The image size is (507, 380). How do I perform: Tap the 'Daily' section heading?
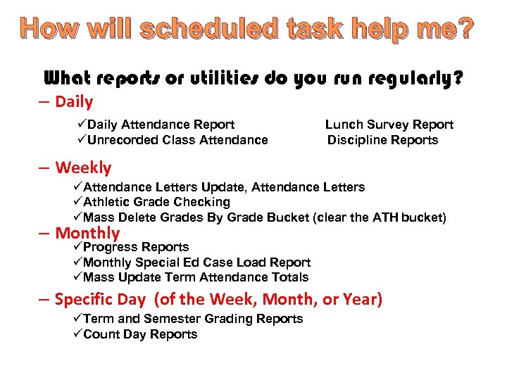click(x=74, y=102)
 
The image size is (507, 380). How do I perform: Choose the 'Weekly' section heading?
click(x=83, y=168)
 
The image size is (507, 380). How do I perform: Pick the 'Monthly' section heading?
click(x=87, y=233)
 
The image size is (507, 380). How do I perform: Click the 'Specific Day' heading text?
click(x=100, y=300)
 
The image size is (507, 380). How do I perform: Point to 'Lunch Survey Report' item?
click(x=389, y=125)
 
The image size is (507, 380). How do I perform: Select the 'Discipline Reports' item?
click(x=382, y=140)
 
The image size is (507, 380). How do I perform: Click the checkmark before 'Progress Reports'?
click(x=77, y=247)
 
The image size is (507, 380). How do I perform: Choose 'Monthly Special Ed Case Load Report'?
click(x=196, y=262)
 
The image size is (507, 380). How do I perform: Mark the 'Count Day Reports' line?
click(x=140, y=334)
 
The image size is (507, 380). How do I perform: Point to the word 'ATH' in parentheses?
click(x=386, y=217)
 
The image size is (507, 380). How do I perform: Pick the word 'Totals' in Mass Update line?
click(x=290, y=277)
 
